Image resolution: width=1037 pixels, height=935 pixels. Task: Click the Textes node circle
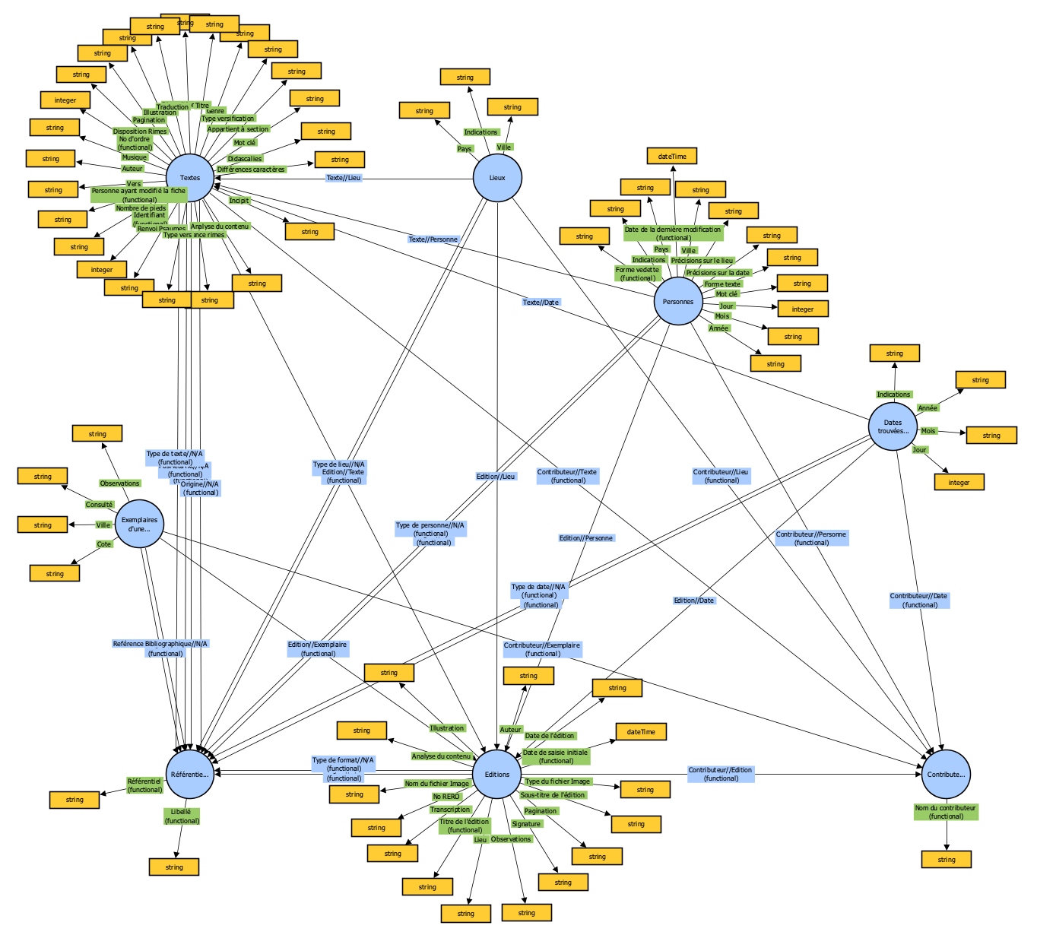190,178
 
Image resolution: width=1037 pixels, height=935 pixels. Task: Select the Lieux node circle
497,178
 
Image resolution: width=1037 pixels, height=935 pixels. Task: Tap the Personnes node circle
677,302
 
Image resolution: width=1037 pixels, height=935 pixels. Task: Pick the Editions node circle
497,775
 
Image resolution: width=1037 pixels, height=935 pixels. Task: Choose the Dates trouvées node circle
893,427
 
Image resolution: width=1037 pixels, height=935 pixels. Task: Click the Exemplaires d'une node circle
140,525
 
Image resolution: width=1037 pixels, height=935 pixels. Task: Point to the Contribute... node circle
946,775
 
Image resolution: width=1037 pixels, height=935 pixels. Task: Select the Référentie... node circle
190,775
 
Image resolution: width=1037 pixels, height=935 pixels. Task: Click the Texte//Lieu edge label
344,178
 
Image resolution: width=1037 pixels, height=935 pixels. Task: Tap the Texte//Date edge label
541,303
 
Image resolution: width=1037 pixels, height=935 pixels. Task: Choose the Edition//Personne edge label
586,538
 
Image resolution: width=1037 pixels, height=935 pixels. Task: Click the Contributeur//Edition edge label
721,774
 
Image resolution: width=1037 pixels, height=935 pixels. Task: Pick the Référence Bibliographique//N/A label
160,648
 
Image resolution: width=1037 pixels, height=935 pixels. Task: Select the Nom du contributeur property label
946,812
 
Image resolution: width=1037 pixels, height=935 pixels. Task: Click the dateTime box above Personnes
672,157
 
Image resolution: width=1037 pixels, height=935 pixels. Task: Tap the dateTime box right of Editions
641,732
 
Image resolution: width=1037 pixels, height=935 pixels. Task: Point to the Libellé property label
182,816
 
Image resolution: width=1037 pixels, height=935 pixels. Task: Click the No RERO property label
446,797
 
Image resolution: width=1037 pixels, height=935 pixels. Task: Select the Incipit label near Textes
239,201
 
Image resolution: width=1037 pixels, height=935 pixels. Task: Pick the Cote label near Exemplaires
104,544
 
